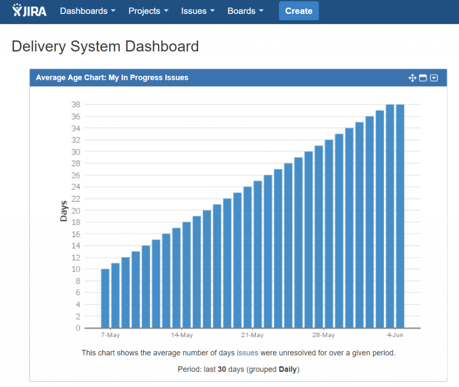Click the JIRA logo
[x=30, y=11]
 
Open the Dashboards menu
[x=87, y=11]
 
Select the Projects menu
[x=148, y=11]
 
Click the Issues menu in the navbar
[x=198, y=11]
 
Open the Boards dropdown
[x=245, y=11]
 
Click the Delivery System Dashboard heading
[x=105, y=46]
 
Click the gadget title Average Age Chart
[x=112, y=78]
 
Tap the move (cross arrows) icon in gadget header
[x=412, y=78]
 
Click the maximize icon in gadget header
[x=423, y=78]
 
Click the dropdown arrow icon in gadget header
[x=434, y=78]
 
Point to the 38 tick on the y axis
[x=75, y=105]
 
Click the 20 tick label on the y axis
[x=75, y=211]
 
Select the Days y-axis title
[x=64, y=211]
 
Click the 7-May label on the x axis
[x=110, y=335]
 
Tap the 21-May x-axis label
[x=252, y=335]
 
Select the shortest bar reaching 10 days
[x=105, y=298]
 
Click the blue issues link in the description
[x=247, y=353]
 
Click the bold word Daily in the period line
[x=288, y=369]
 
